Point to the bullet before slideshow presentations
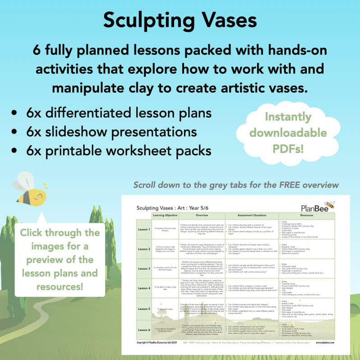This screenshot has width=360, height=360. (x=17, y=132)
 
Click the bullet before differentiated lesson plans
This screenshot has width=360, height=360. (x=17, y=113)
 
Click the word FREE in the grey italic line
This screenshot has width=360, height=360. (x=286, y=185)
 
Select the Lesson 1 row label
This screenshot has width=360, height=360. (x=143, y=229)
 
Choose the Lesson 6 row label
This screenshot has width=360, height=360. (x=143, y=329)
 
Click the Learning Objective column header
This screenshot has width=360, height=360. (x=166, y=215)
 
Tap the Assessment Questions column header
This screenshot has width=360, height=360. (x=251, y=215)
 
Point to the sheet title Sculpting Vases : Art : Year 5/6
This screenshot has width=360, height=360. (x=173, y=208)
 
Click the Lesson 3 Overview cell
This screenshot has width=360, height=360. (x=203, y=268)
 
